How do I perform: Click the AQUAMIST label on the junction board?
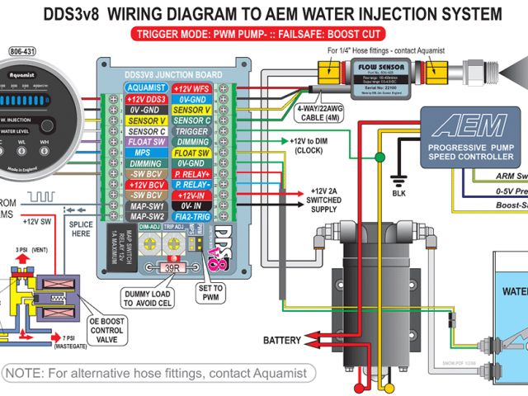[x=146, y=87]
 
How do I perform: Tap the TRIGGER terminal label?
[x=192, y=131]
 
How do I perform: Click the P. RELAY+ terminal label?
[x=192, y=174]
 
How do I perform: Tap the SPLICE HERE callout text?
[x=80, y=229]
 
